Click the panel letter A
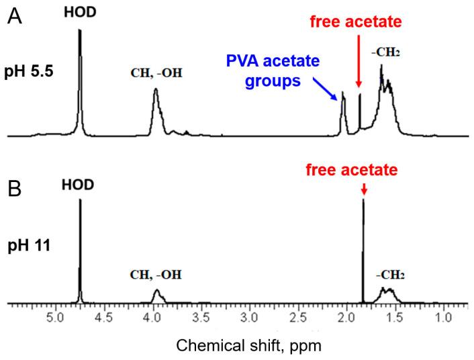tap(15, 15)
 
